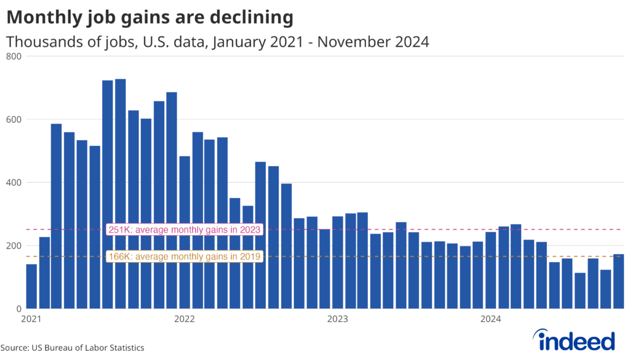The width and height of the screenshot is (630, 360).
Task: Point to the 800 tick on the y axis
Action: [x=14, y=57]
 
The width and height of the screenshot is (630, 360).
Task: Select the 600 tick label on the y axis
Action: [x=14, y=119]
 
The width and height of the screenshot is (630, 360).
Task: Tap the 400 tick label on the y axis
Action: [x=14, y=183]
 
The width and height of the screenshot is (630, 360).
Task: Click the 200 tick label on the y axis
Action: [x=14, y=246]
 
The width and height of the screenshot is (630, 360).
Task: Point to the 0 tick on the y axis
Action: [x=18, y=309]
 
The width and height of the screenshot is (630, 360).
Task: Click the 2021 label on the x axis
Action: [x=31, y=319]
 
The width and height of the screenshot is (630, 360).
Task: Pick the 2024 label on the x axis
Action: [x=491, y=319]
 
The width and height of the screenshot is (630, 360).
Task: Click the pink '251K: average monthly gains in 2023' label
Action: [x=185, y=230]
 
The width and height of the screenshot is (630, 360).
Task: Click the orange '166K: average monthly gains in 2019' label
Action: [x=185, y=256]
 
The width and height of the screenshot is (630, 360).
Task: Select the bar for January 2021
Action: [x=31, y=287]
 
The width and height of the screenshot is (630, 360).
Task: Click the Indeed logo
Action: [x=574, y=340]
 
